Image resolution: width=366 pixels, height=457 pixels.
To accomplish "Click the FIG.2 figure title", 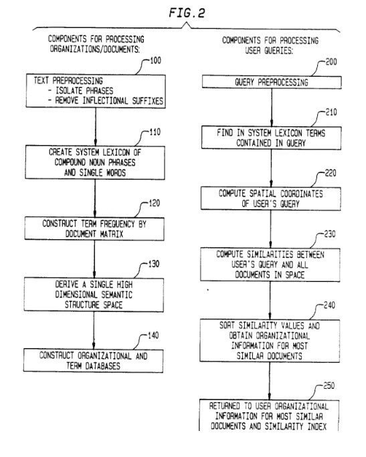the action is click(187, 13).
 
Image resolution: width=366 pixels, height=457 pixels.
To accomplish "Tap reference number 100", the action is click(155, 61).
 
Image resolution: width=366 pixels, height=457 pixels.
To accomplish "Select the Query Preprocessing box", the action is click(272, 82).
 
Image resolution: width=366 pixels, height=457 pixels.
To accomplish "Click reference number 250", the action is click(329, 386).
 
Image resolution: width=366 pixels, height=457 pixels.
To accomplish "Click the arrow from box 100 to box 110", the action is click(96, 127).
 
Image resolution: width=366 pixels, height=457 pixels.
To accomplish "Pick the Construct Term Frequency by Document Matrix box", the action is click(94, 228).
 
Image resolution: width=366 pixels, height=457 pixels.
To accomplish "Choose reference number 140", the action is click(153, 335).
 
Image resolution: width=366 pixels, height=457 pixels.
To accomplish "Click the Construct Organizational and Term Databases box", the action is click(93, 361).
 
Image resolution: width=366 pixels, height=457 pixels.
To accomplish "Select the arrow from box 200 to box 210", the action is click(272, 108).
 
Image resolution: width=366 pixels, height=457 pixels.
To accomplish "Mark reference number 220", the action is click(331, 173).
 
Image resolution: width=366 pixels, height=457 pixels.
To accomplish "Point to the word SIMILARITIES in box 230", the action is click(270, 255).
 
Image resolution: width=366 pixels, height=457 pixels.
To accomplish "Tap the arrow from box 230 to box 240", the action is click(270, 300).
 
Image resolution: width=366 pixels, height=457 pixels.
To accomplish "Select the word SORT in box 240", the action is click(227, 325).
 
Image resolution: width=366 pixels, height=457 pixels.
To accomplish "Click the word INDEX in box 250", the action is click(317, 426).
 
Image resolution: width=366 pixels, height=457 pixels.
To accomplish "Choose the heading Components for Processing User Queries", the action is click(270, 45).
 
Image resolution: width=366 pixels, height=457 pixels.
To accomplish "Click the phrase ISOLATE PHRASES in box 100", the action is click(84, 91).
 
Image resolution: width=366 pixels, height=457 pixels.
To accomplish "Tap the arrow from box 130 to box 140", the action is click(94, 330).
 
